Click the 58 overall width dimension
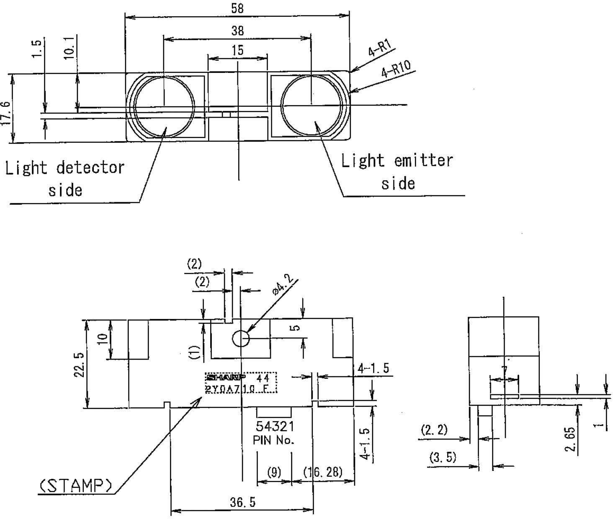237,8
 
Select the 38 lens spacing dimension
237,31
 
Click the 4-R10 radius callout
396,69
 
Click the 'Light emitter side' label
397,172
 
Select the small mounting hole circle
241,338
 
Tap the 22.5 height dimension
79,365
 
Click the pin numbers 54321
275,427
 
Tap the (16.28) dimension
322,472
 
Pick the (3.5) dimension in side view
443,457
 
